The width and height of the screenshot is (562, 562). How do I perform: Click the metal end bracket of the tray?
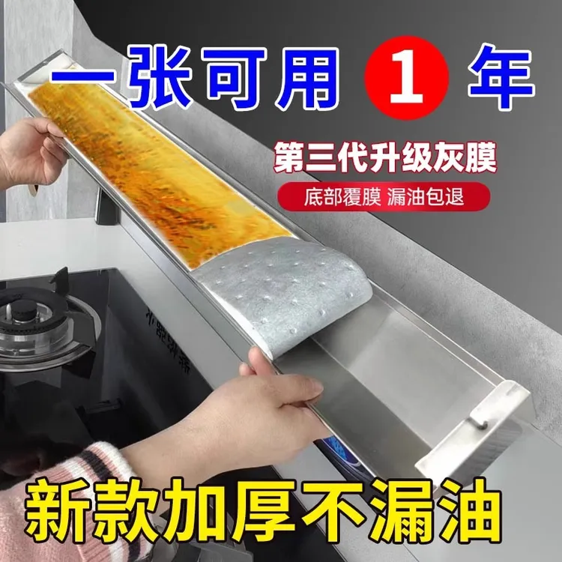480,435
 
